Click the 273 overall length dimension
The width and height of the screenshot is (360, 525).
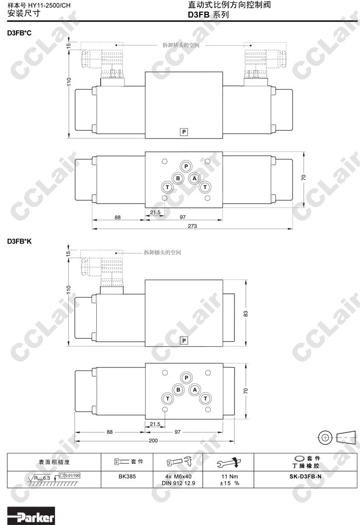(x=192, y=226)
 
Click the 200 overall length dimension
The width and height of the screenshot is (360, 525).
(x=153, y=441)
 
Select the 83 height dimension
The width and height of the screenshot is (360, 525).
(x=246, y=314)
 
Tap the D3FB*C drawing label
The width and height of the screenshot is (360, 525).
(x=20, y=33)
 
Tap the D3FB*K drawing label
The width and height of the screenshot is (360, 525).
(x=20, y=241)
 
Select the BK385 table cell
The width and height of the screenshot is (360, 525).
(x=127, y=477)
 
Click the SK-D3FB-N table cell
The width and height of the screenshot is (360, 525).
(x=305, y=477)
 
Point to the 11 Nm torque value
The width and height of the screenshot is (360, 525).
(x=229, y=477)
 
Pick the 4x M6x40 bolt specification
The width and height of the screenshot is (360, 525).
(x=178, y=477)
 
